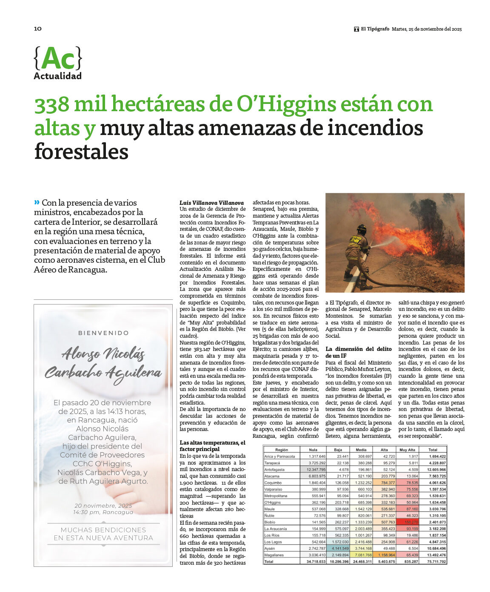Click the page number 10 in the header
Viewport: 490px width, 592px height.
coord(38,29)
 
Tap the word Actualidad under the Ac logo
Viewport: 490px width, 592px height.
coord(57,76)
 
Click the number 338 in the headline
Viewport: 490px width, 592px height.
coord(52,105)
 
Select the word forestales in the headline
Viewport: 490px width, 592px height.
coord(81,152)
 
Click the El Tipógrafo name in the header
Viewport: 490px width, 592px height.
coord(375,29)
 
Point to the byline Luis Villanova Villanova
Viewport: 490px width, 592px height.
coord(211,203)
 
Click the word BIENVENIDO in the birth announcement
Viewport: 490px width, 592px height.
coord(103,333)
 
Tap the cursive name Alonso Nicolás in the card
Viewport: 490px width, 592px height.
coord(103,353)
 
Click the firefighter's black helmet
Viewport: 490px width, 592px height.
coord(362,229)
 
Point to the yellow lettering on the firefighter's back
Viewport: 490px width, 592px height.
coord(356,240)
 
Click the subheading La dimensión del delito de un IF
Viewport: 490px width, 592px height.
coord(359,352)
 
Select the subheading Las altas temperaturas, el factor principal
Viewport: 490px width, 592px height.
coord(212,446)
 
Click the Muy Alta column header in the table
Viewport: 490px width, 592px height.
coord(407,450)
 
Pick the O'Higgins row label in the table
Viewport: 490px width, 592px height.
coord(272,503)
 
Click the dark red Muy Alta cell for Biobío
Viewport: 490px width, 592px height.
coord(407,522)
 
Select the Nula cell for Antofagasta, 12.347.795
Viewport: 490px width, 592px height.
coord(313,469)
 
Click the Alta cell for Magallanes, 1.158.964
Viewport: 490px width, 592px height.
coord(385,555)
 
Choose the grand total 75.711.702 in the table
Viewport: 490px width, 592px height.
coord(433,562)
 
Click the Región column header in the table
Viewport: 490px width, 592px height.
coord(282,450)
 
